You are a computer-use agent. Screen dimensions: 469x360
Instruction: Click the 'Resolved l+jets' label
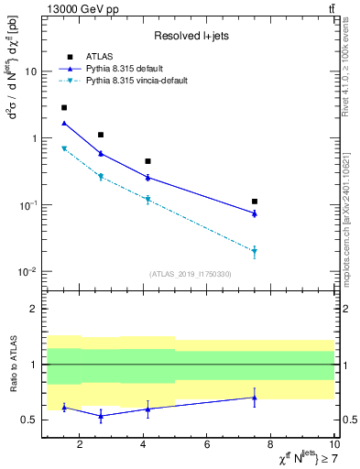point(191,36)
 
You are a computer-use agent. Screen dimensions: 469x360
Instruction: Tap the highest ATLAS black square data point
point(63,107)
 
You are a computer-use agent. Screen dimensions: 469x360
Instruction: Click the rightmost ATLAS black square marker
point(255,202)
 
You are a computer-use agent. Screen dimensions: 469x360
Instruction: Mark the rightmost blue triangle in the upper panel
point(255,213)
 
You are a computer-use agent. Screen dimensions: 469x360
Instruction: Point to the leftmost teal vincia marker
point(63,148)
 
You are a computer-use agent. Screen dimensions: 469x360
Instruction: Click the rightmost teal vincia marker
point(255,251)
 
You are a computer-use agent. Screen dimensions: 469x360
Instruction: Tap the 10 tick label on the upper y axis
point(30,71)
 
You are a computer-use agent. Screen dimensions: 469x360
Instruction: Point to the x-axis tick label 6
point(207,446)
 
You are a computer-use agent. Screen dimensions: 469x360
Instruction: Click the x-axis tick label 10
point(332,446)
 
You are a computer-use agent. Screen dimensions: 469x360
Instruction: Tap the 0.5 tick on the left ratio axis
point(30,420)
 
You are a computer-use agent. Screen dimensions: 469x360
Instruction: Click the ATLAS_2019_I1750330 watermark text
point(191,274)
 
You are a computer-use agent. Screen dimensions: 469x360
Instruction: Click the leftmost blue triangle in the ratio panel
point(63,408)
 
